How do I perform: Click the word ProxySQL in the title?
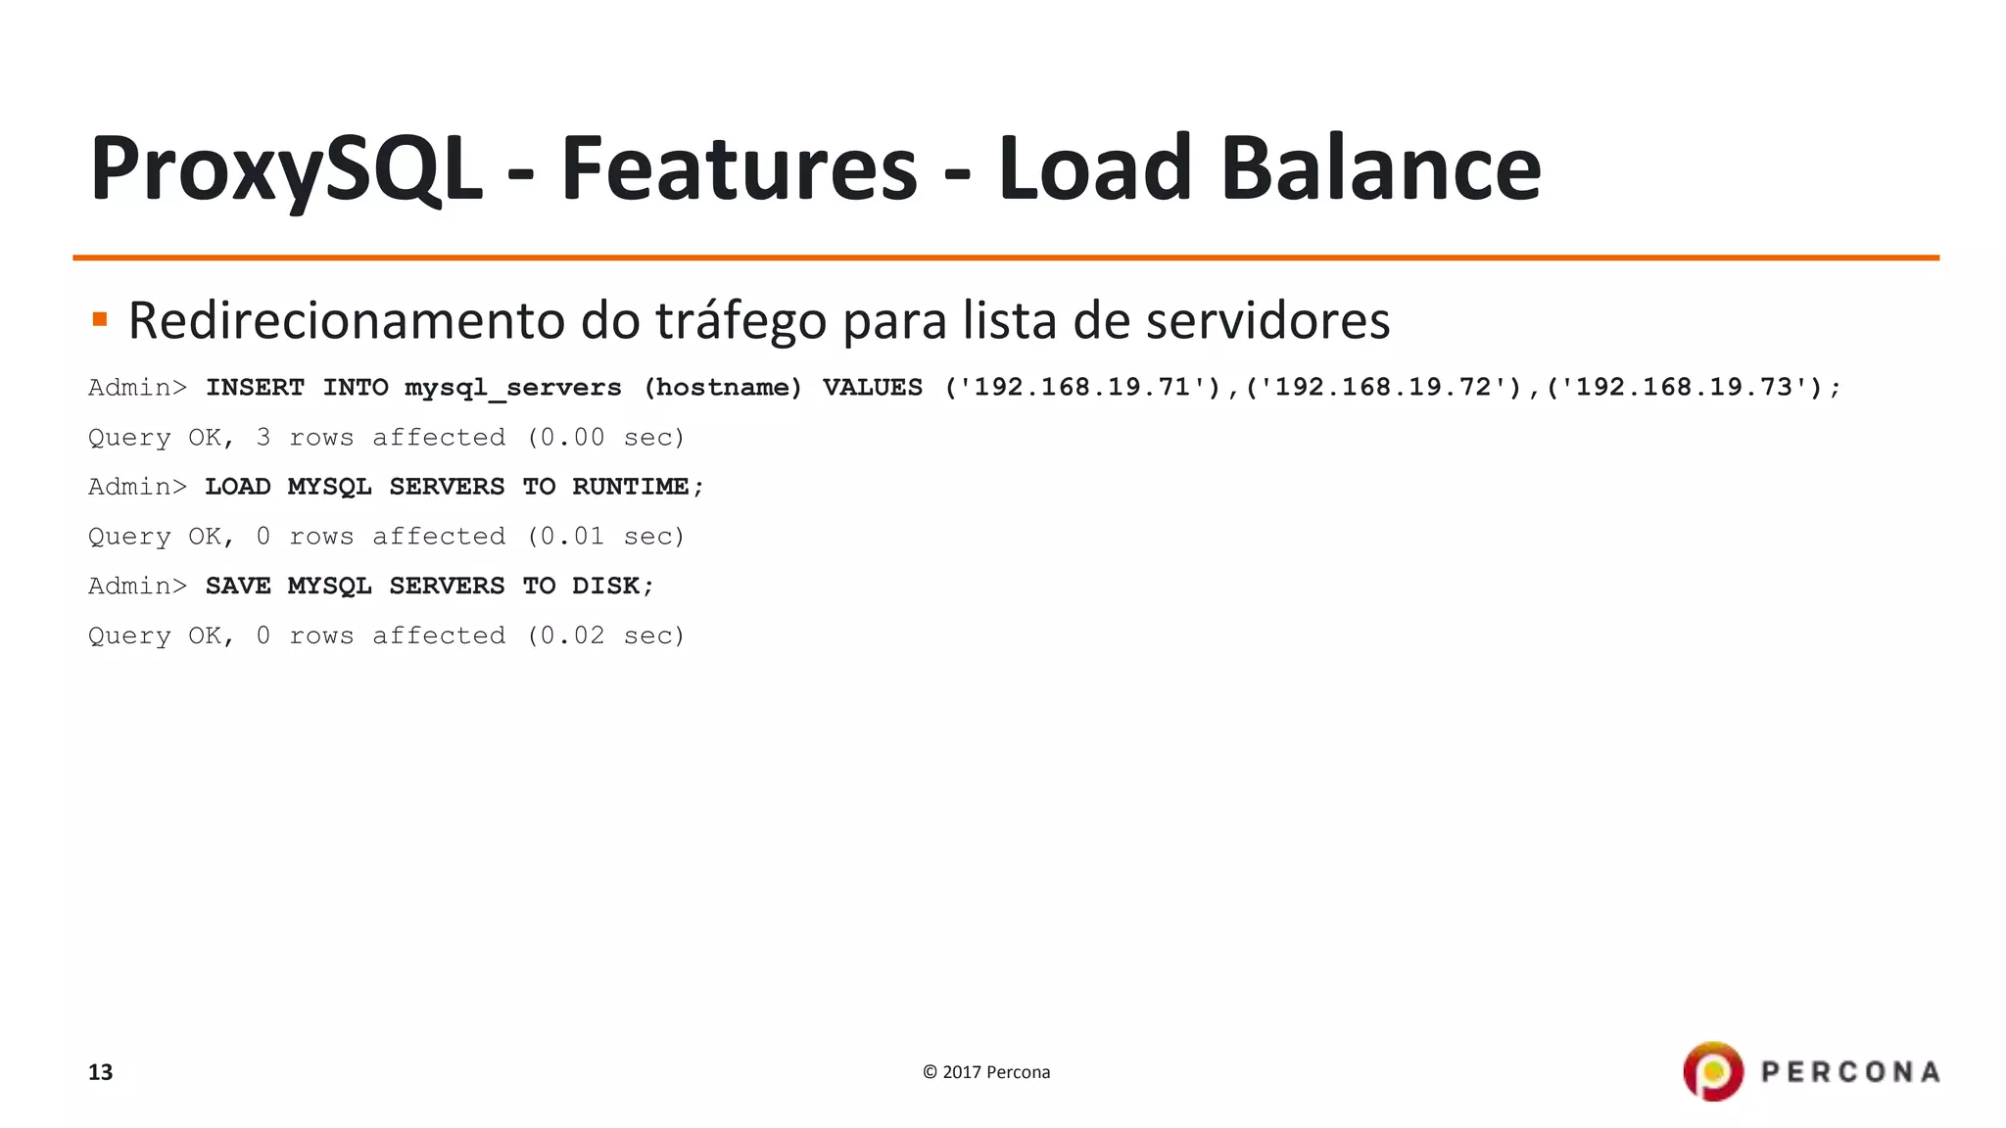[x=286, y=168]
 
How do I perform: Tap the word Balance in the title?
[x=1381, y=168]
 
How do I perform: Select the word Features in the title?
[x=739, y=168]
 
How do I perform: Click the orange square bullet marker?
[x=100, y=319]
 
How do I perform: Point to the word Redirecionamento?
[x=347, y=321]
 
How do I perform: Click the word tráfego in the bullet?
[x=740, y=321]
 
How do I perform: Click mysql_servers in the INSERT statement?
[x=513, y=388]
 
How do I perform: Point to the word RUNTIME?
[x=631, y=487]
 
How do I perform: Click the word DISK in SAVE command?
[x=605, y=586]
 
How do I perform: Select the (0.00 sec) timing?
[x=605, y=438]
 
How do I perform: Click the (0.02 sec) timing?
[x=605, y=635]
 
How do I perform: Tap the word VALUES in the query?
[x=872, y=388]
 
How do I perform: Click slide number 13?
[x=101, y=1072]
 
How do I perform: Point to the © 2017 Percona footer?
[x=986, y=1072]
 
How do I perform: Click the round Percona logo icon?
[x=1713, y=1071]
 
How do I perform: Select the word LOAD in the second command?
[x=237, y=487]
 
